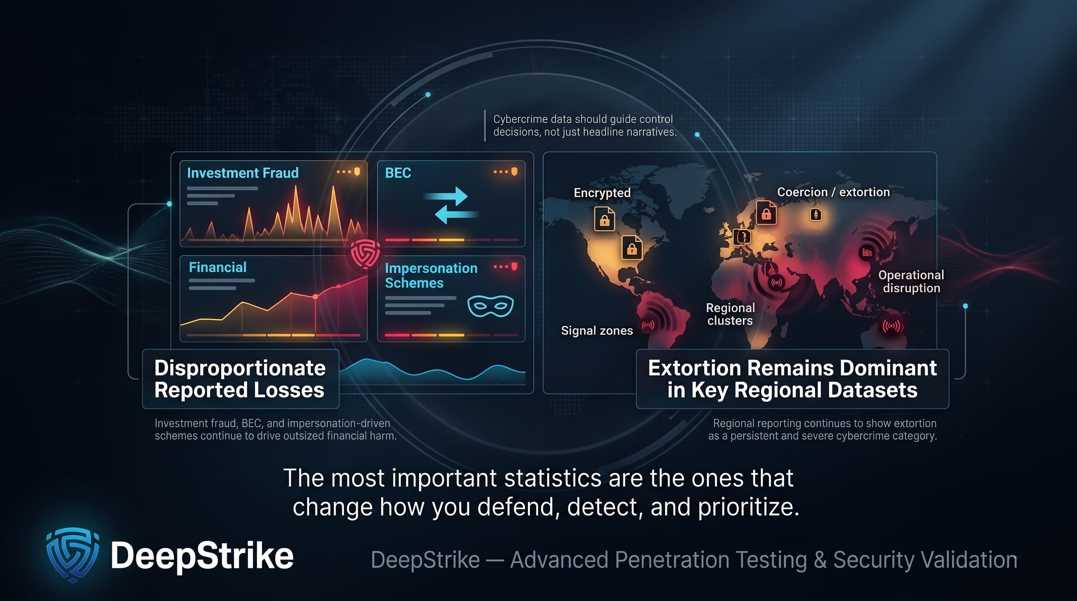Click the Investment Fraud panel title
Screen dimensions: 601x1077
243,173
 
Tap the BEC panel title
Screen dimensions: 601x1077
398,173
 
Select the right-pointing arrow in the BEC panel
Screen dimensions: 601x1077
447,196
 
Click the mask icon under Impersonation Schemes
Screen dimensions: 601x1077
490,306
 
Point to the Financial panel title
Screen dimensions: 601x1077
218,267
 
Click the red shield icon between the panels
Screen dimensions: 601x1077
365,252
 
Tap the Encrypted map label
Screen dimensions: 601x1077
602,193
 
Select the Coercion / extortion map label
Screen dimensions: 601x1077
833,192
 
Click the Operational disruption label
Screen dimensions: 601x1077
911,281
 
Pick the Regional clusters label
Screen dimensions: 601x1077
730,314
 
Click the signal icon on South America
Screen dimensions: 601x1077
648,325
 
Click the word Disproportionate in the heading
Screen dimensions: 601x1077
240,368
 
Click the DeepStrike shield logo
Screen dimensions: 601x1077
73,554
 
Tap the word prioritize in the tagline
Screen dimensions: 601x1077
746,507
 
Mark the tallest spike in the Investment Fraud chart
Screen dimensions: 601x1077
334,188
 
